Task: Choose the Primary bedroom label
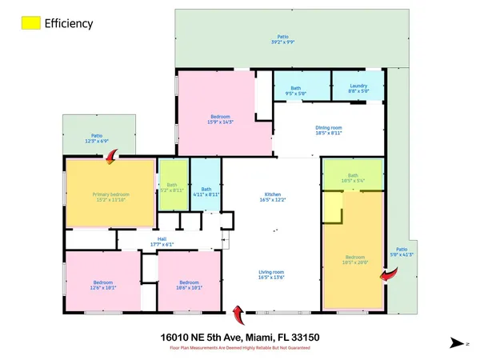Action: click(110, 198)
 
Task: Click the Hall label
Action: click(162, 242)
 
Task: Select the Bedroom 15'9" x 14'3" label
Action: click(219, 119)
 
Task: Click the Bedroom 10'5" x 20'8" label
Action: click(354, 259)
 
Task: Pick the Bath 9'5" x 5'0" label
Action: click(295, 91)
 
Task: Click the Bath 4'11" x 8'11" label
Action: click(206, 191)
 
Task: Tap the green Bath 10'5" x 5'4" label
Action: click(353, 179)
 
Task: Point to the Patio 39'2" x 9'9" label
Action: click(282, 39)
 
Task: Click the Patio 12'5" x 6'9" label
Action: click(96, 138)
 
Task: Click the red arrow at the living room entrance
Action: click(237, 311)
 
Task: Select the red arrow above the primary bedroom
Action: click(110, 158)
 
